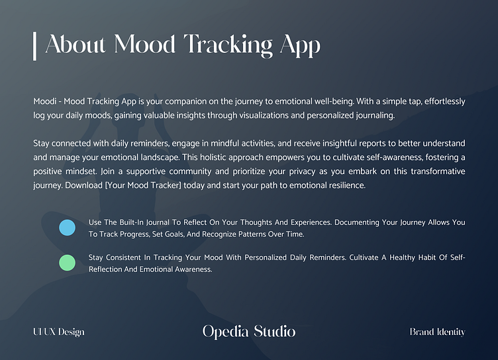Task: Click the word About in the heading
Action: click(x=77, y=45)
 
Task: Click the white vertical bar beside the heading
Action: click(x=34, y=45)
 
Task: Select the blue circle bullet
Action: click(x=67, y=228)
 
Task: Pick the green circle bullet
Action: click(x=67, y=263)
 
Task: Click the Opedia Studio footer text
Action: click(x=249, y=332)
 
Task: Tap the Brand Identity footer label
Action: click(x=437, y=332)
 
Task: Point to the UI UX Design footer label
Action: click(x=58, y=332)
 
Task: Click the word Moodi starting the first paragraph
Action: click(x=44, y=102)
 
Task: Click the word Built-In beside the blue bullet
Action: click(x=129, y=222)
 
